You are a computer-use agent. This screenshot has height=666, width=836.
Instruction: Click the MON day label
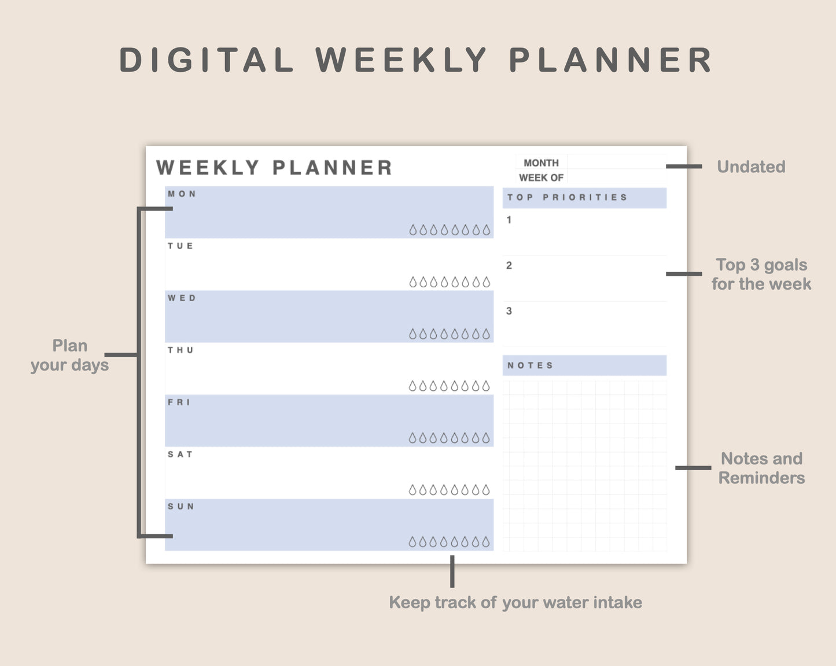pyautogui.click(x=182, y=194)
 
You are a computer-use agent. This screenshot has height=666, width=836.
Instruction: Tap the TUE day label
pyautogui.click(x=181, y=246)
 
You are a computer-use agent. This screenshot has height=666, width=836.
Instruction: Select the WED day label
pyautogui.click(x=182, y=298)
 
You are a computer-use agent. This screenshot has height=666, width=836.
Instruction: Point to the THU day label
pyautogui.click(x=181, y=350)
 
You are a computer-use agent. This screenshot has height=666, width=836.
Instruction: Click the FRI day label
pyautogui.click(x=179, y=402)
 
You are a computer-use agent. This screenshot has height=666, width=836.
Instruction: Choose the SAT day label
pyautogui.click(x=180, y=454)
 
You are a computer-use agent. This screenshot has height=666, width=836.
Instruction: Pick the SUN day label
pyautogui.click(x=181, y=506)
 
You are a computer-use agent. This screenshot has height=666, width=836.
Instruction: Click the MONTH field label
pyautogui.click(x=541, y=162)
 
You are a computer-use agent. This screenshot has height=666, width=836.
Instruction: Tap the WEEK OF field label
pyautogui.click(x=541, y=177)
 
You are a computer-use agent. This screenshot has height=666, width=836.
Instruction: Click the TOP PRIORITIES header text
pyautogui.click(x=567, y=197)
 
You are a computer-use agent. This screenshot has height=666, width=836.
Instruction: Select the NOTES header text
pyautogui.click(x=530, y=365)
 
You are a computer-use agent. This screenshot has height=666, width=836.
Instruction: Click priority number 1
pyautogui.click(x=509, y=220)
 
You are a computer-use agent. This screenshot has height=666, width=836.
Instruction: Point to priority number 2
pyautogui.click(x=509, y=265)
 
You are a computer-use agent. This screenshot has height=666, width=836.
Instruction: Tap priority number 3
pyautogui.click(x=509, y=310)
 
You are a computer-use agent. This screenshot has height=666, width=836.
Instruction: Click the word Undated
pyautogui.click(x=751, y=166)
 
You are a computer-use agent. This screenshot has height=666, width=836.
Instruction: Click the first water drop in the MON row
pyautogui.click(x=413, y=230)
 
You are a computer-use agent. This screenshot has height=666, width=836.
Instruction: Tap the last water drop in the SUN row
pyautogui.click(x=485, y=542)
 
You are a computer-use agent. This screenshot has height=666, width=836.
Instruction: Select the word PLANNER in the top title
pyautogui.click(x=610, y=60)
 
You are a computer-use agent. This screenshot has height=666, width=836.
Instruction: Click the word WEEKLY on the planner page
pyautogui.click(x=208, y=168)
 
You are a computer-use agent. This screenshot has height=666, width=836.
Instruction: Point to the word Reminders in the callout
pyautogui.click(x=761, y=478)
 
